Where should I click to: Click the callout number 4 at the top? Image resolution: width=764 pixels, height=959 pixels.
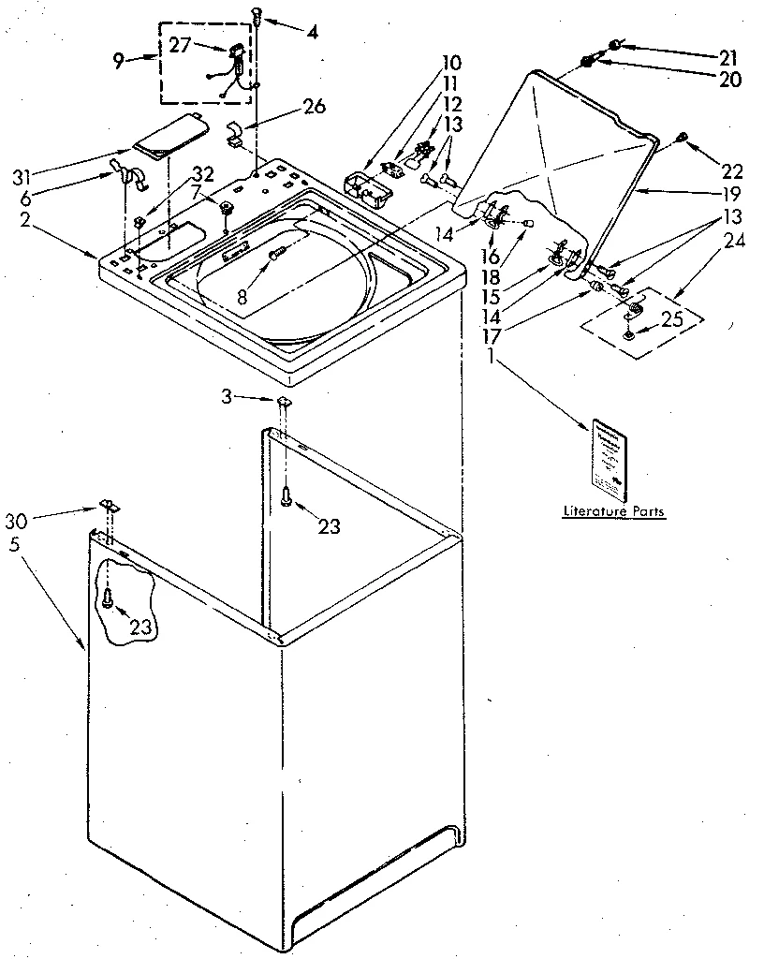[x=311, y=30]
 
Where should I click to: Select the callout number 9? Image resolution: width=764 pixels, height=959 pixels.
[x=118, y=63]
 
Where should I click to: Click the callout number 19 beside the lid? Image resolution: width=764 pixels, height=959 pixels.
[x=731, y=195]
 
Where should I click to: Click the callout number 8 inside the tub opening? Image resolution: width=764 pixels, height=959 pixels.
[x=242, y=296]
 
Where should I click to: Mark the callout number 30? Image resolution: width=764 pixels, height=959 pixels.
[x=17, y=520]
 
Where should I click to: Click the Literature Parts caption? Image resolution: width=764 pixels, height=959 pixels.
[x=613, y=511]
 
